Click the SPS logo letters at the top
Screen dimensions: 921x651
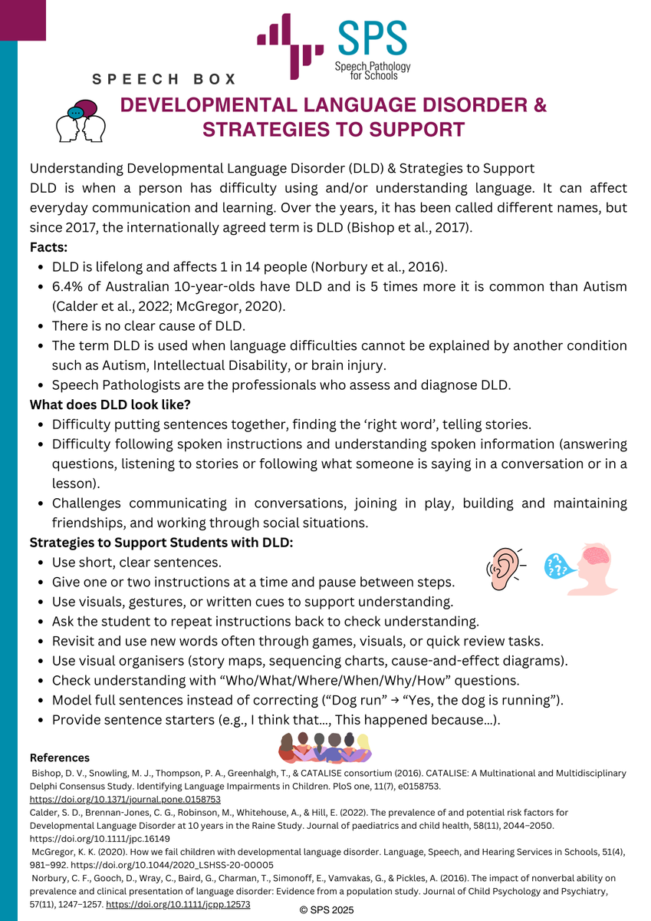[373, 41]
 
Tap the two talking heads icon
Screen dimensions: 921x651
[81, 121]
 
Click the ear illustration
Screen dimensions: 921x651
[503, 569]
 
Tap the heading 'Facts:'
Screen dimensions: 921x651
[48, 248]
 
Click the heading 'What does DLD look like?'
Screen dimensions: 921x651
[110, 404]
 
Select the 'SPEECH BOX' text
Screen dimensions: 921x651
[164, 79]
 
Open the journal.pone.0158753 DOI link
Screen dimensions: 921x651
[125, 799]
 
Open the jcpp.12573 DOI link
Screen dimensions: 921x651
[178, 905]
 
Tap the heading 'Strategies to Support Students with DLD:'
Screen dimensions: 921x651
[161, 543]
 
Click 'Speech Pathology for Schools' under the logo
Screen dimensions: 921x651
[372, 71]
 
